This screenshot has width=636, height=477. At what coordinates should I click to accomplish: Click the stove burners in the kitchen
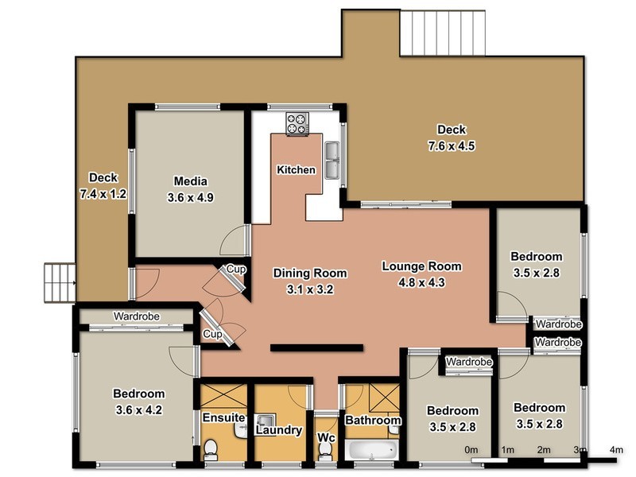click(x=297, y=123)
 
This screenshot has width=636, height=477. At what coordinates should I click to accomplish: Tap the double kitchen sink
click(x=332, y=159)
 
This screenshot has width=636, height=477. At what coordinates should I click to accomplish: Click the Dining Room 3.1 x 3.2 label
click(x=302, y=281)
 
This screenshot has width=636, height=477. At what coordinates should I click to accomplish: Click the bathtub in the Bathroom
click(x=371, y=450)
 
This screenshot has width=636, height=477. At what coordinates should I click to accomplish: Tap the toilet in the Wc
click(x=324, y=450)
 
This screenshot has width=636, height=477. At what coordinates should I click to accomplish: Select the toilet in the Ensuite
click(x=211, y=451)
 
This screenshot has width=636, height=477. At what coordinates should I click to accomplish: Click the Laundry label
click(x=278, y=430)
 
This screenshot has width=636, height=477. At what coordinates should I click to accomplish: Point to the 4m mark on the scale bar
click(x=616, y=451)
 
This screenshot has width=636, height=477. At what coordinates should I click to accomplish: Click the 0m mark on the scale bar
click(x=471, y=451)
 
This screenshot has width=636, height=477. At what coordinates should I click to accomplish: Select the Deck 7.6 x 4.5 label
click(x=451, y=138)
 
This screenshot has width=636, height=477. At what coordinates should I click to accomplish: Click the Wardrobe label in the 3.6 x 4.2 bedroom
click(x=136, y=316)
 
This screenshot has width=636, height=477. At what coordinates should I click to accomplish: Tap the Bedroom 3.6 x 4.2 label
click(x=138, y=401)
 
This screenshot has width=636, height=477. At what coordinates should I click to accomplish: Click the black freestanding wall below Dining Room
click(x=316, y=347)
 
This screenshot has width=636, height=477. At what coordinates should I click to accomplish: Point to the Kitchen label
click(x=296, y=170)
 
